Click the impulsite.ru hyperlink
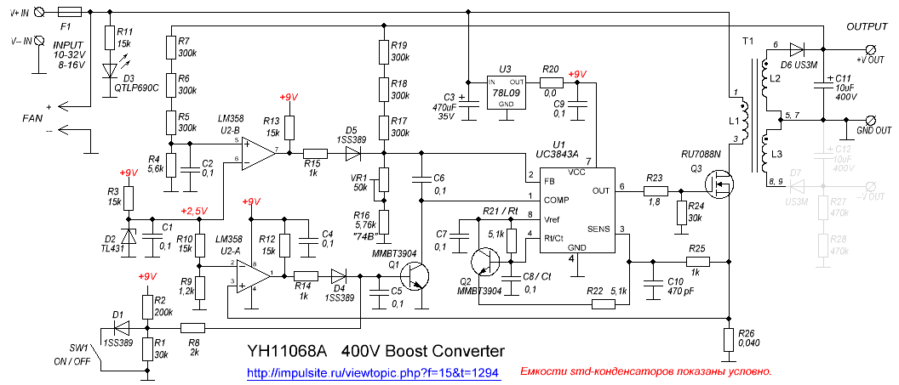(372, 372)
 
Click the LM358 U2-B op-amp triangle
(258, 150)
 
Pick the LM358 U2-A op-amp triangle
(252, 275)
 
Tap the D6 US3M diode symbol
(798, 49)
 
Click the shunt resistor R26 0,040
(729, 339)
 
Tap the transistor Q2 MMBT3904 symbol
(486, 263)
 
